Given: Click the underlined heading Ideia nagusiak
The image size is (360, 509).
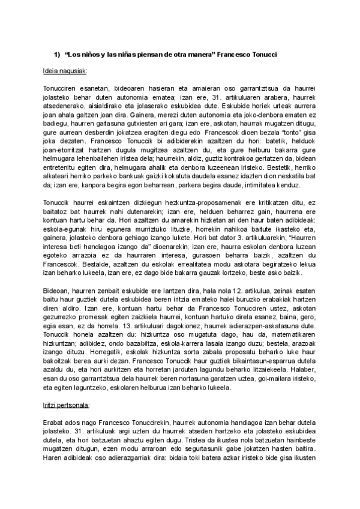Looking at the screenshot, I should (65, 70).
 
